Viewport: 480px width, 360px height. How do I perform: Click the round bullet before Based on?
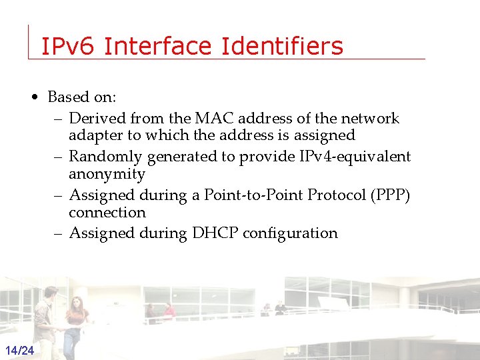(34, 97)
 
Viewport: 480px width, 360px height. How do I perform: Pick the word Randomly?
(105, 157)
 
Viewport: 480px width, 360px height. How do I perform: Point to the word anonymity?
(107, 174)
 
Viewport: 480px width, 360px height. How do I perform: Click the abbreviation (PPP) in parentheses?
(392, 195)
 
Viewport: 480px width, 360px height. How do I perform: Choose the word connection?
(107, 212)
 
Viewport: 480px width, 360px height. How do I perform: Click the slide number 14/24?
(21, 351)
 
